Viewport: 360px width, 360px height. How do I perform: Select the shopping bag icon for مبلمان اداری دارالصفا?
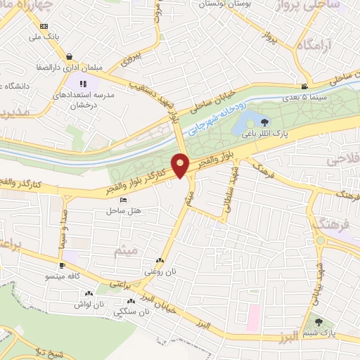click(x=69, y=57)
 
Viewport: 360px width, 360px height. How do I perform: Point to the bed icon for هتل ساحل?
click(x=123, y=200)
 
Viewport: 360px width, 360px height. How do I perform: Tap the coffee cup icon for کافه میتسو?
click(x=63, y=266)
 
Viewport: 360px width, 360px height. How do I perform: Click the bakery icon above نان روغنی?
click(x=165, y=259)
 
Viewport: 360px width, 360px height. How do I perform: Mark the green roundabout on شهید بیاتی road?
click(x=320, y=240)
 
